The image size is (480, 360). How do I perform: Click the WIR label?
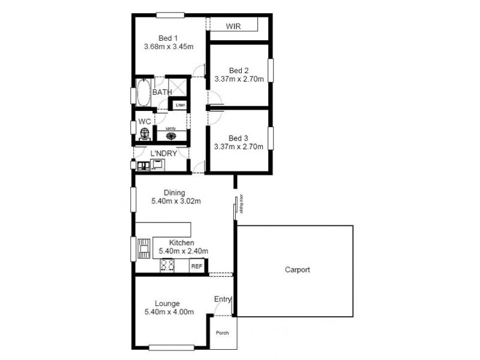[x=233, y=26]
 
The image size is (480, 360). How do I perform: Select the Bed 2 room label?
[x=239, y=69]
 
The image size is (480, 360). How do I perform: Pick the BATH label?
[x=161, y=92]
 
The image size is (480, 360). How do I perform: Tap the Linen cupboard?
[x=180, y=106]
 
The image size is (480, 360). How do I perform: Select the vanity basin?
[x=171, y=136]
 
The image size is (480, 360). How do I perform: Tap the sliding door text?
[x=241, y=204]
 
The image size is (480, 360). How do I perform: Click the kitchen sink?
[x=144, y=247]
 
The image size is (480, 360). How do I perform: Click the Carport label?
[x=297, y=270]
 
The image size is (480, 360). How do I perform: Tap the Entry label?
[x=222, y=299]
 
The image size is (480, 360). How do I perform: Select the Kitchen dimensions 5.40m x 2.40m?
[x=183, y=251]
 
